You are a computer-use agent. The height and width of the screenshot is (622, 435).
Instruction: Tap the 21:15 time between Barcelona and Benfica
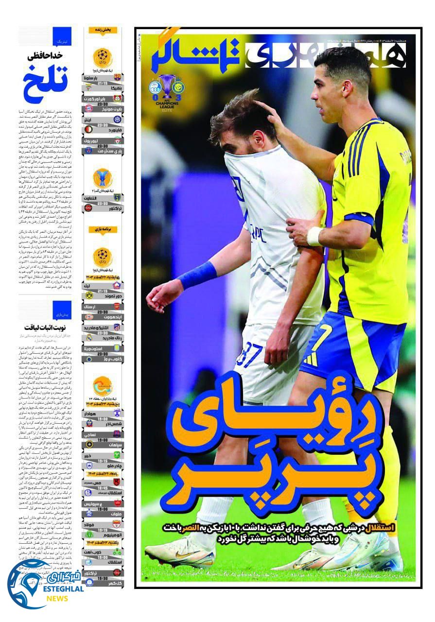tap(103, 83)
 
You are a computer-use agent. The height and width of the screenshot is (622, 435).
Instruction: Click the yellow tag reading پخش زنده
tap(103, 30)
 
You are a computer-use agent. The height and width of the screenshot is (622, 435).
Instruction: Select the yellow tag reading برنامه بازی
tap(103, 229)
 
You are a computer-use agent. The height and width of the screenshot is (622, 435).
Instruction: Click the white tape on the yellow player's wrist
tap(314, 236)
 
